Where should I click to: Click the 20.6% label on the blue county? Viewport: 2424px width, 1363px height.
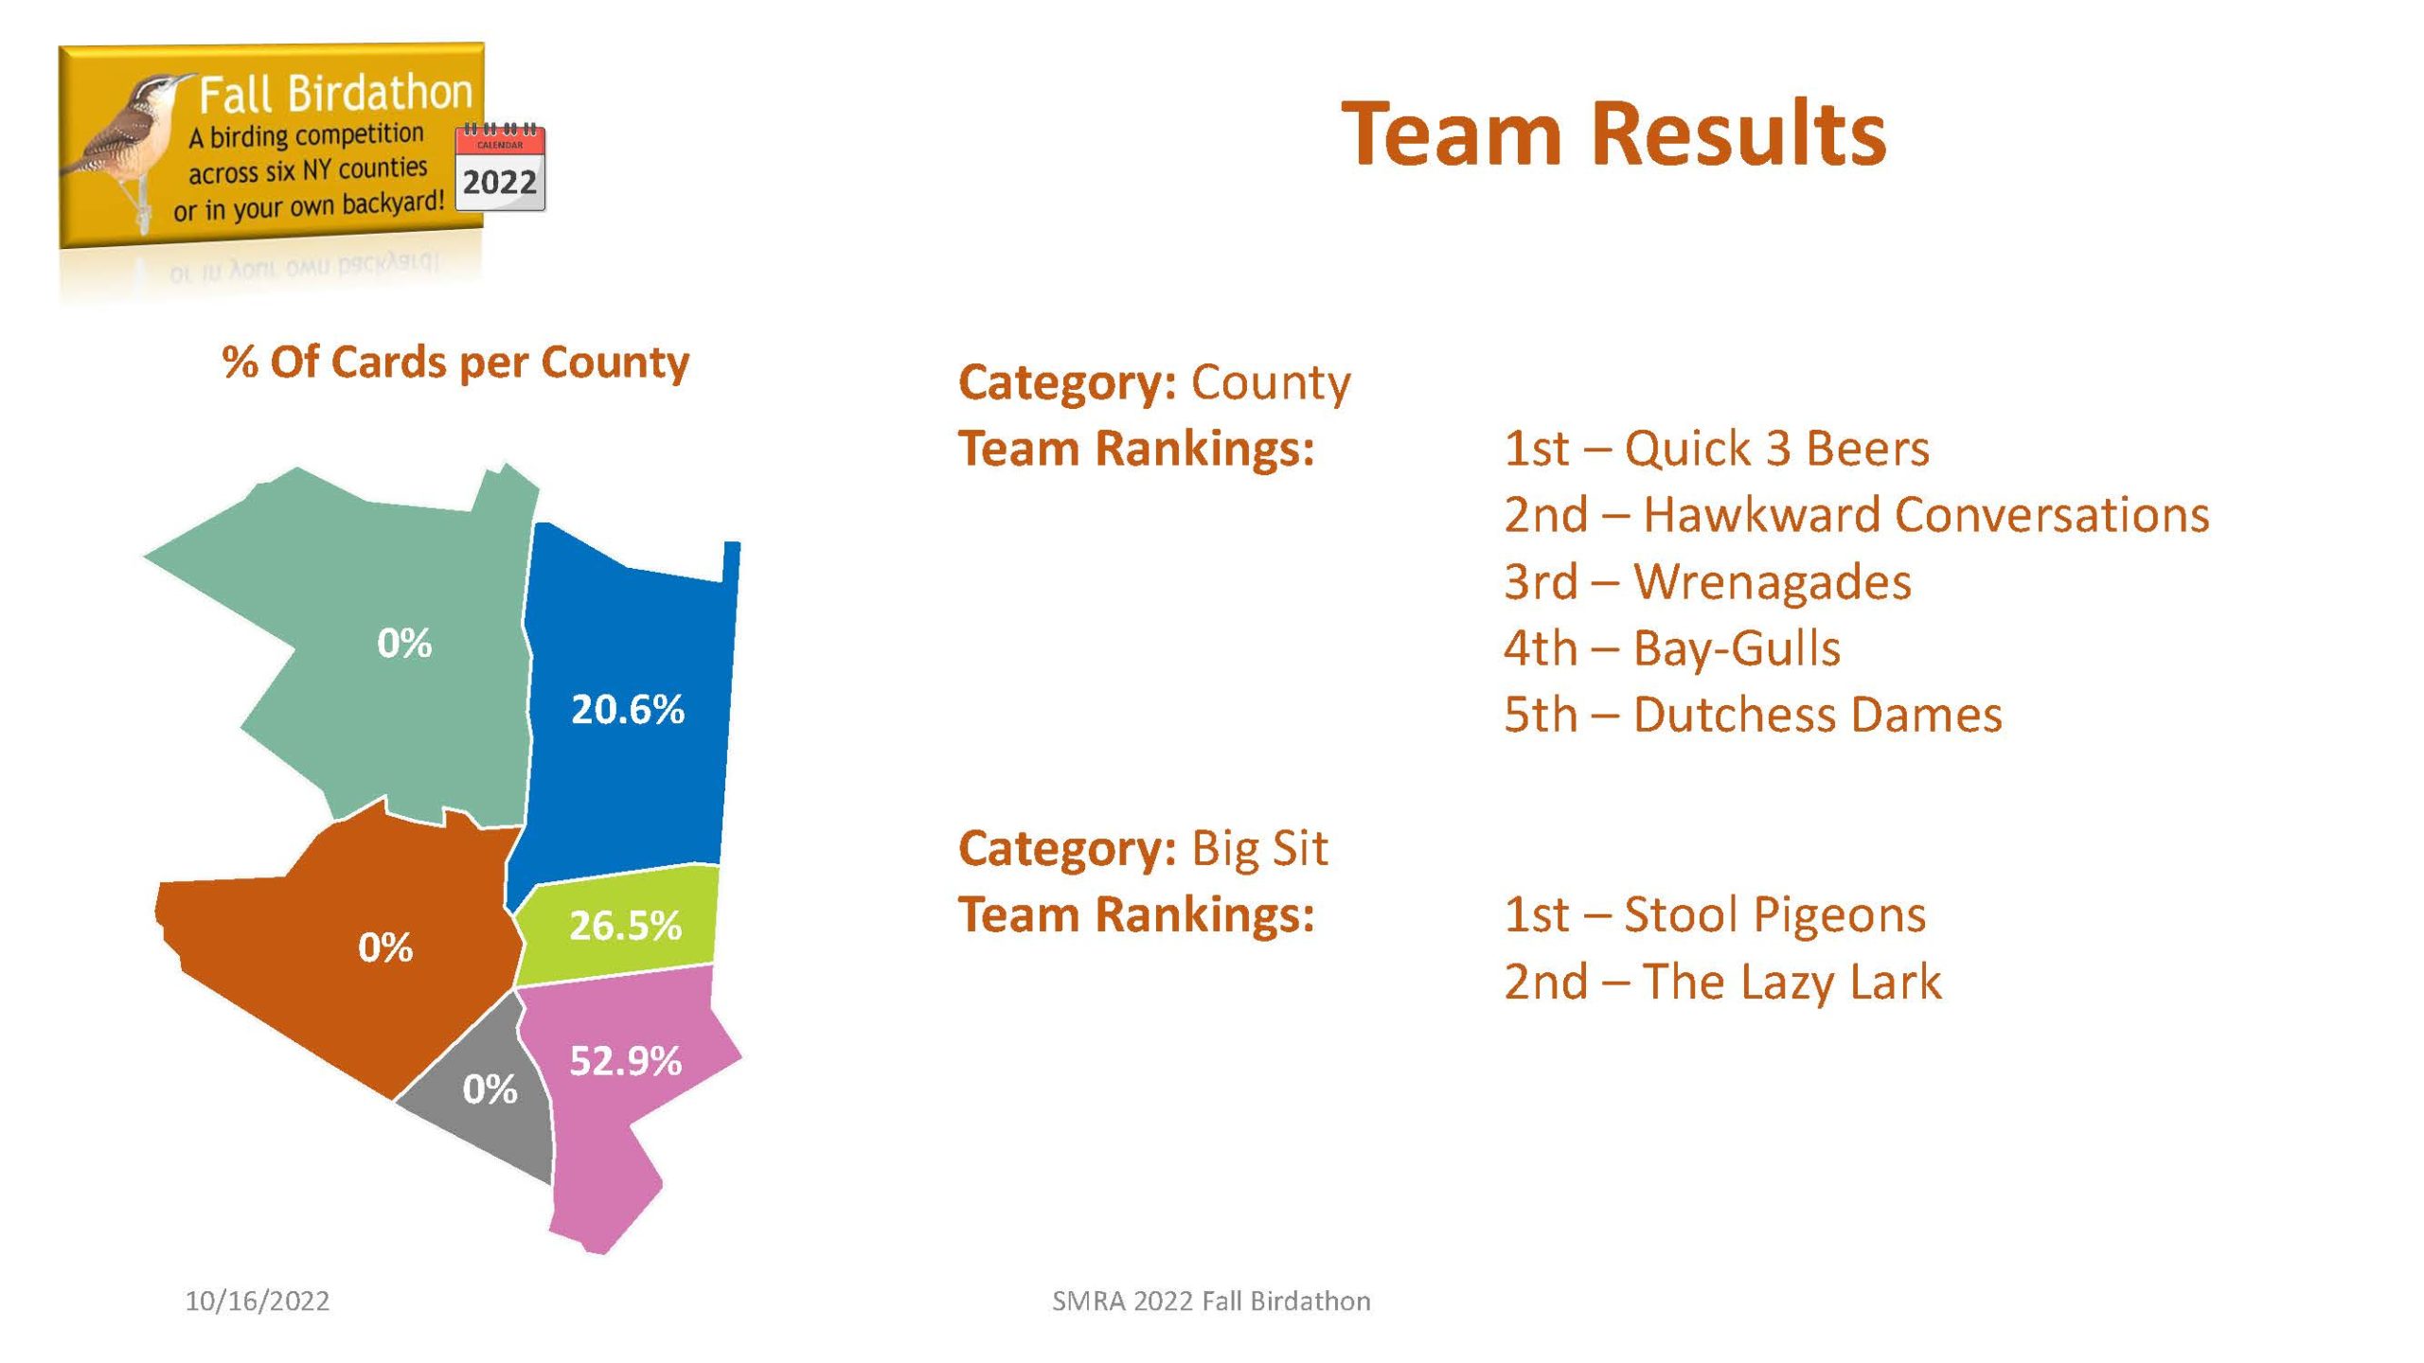tap(628, 709)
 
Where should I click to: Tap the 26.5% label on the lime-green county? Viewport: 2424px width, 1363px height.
tap(625, 925)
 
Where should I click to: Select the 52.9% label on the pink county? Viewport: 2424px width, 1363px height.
tap(625, 1060)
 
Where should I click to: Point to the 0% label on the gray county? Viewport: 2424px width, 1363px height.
tap(490, 1089)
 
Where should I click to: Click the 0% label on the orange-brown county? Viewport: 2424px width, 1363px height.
tap(385, 947)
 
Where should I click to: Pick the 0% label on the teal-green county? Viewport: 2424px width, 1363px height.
tap(404, 643)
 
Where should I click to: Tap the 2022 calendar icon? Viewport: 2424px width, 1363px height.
tap(500, 168)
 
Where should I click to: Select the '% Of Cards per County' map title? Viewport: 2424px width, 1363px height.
tap(455, 363)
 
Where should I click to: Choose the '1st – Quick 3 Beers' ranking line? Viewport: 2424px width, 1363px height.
tap(1716, 448)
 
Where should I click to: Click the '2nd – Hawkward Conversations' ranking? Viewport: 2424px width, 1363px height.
tap(1856, 514)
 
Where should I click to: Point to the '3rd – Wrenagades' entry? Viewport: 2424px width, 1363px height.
tap(1707, 581)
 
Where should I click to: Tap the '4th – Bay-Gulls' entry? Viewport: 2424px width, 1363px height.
tap(1672, 647)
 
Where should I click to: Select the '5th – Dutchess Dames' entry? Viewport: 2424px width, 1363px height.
tap(1753, 714)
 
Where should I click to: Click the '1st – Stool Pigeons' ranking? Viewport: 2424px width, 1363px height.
tap(1715, 914)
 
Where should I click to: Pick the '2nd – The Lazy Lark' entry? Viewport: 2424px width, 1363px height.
tap(1722, 981)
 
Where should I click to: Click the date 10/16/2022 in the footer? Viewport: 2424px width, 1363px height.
tap(258, 1301)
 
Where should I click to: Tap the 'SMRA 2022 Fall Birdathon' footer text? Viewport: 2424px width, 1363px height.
tap(1211, 1301)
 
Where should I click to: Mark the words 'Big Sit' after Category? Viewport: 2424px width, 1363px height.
tap(1259, 848)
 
